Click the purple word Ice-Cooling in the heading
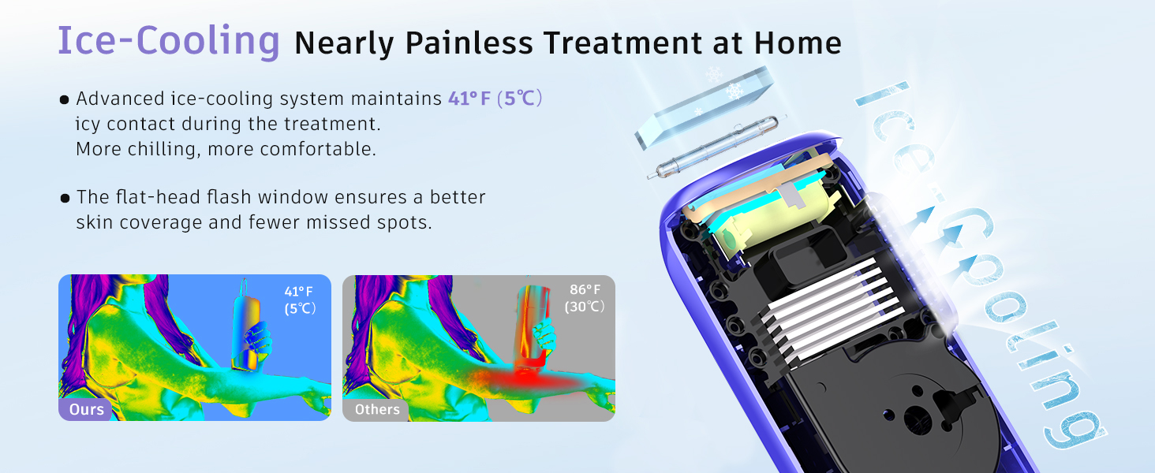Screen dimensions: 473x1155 (168, 41)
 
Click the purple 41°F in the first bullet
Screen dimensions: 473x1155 (469, 99)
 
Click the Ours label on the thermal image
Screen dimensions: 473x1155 (86, 409)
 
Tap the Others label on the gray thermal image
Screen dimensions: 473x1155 (377, 409)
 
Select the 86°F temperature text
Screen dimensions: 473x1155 (585, 289)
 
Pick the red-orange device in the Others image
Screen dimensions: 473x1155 (532, 323)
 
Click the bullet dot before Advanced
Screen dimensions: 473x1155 (65, 100)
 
